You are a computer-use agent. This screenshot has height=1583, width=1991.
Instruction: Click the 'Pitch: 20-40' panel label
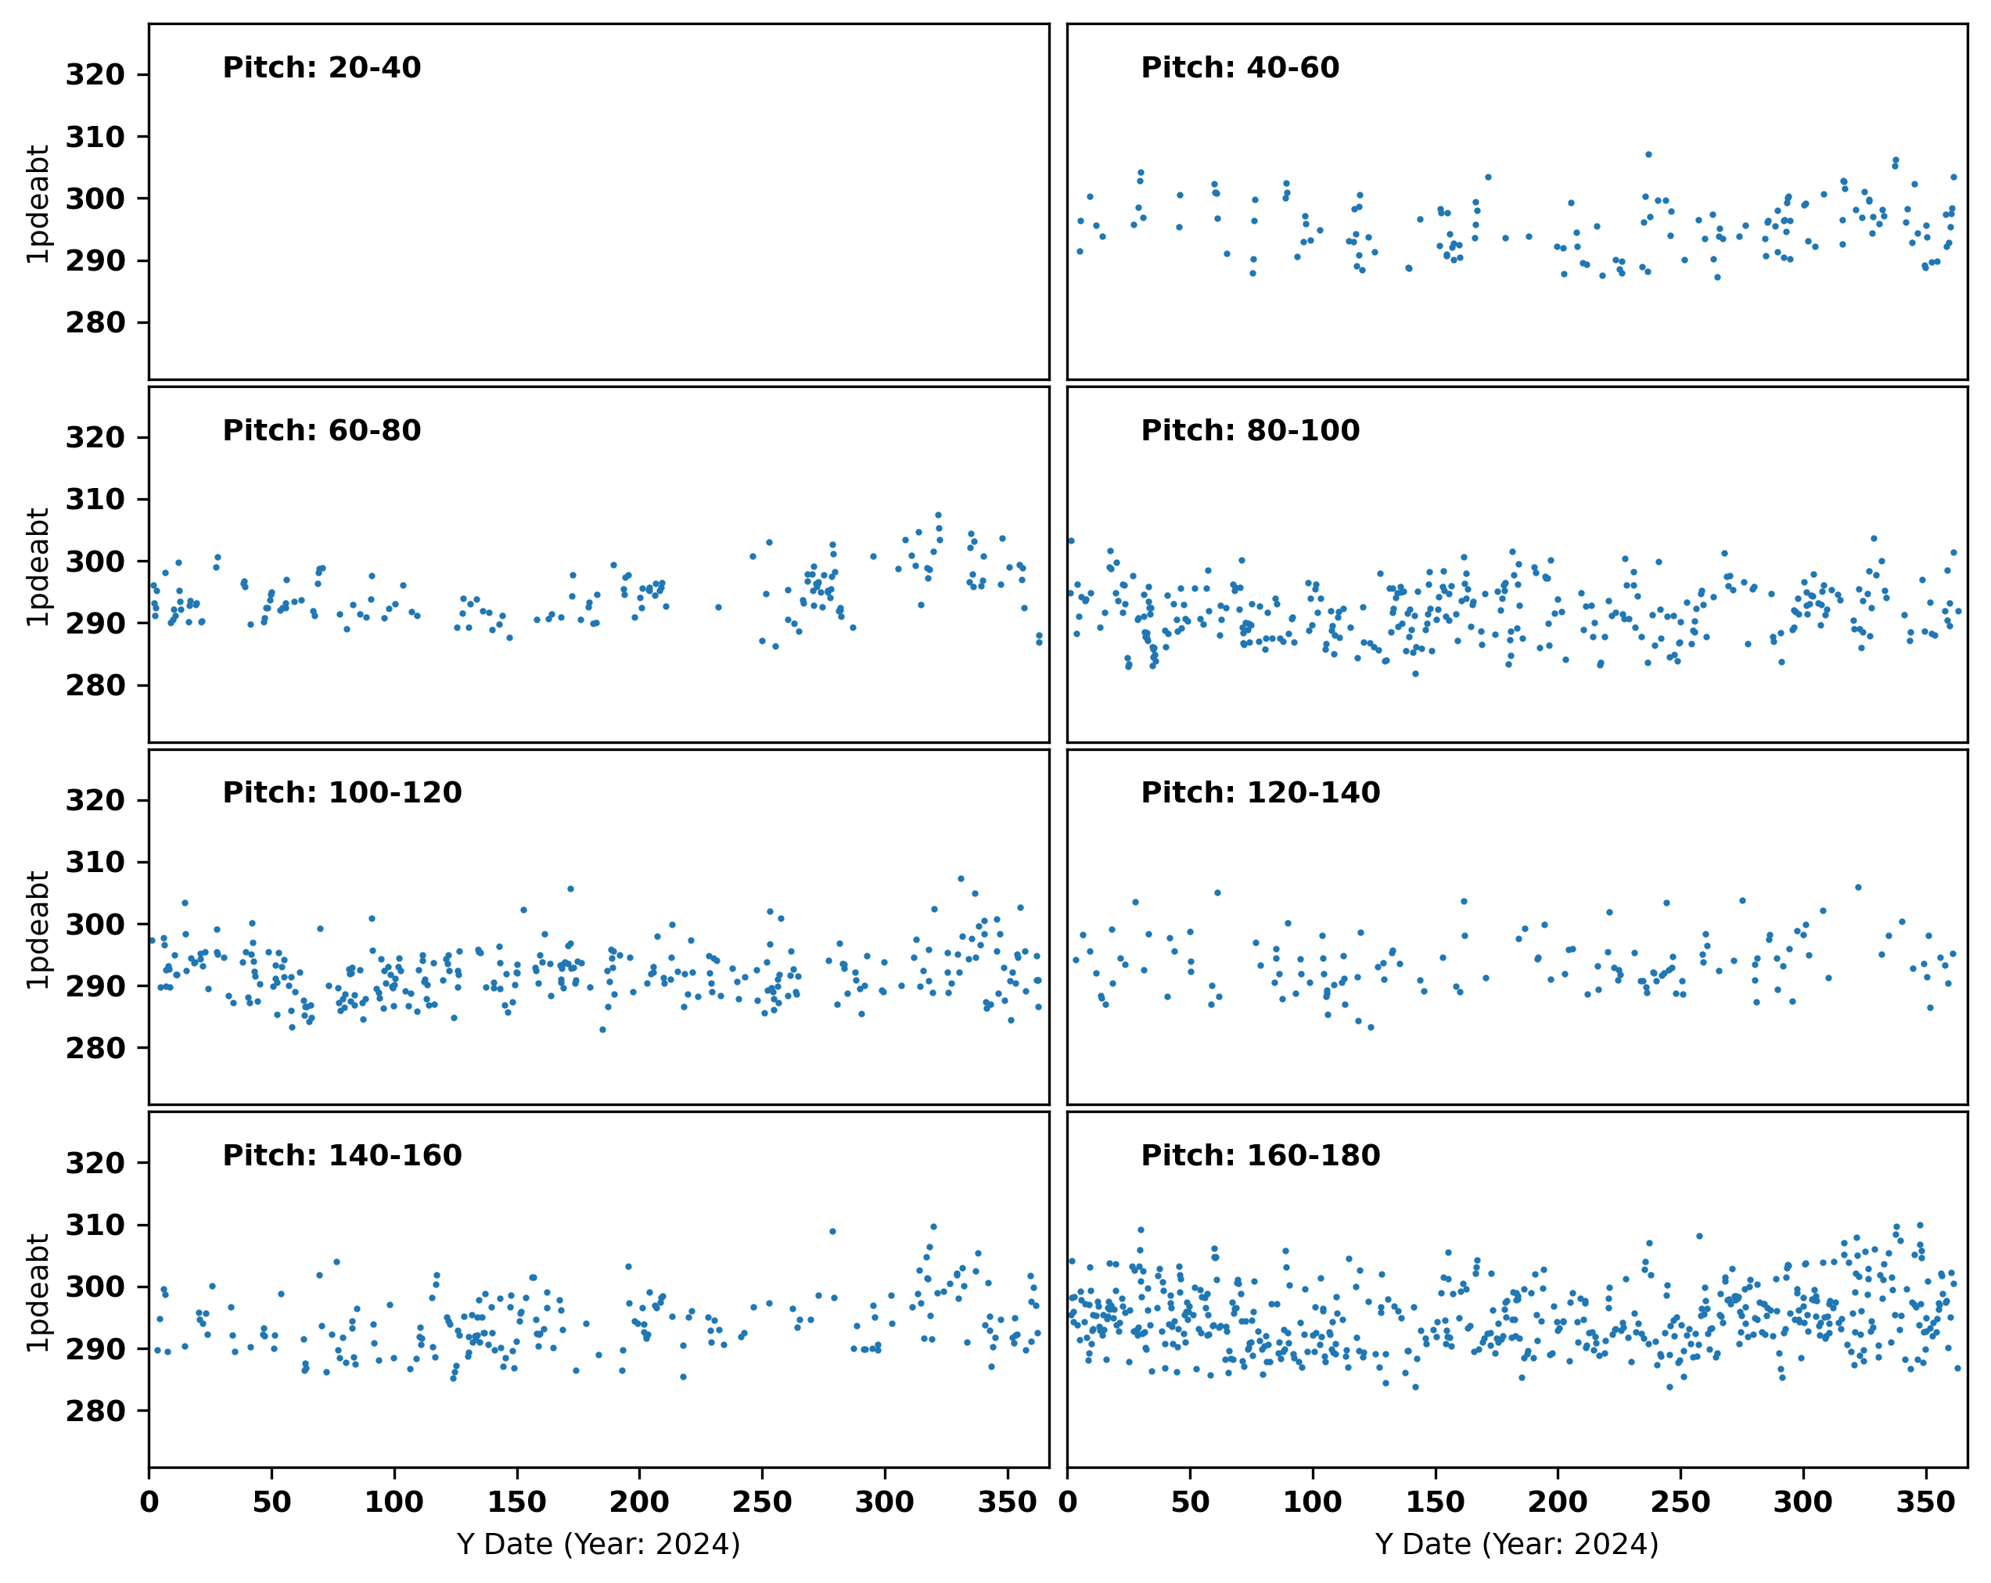[322, 68]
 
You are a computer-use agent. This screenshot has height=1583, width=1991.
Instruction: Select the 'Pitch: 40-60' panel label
[1239, 68]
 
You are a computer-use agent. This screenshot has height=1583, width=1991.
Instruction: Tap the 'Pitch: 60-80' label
[322, 431]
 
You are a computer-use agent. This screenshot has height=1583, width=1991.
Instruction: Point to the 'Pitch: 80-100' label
[1249, 431]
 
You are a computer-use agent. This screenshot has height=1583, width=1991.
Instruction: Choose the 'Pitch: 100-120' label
[342, 793]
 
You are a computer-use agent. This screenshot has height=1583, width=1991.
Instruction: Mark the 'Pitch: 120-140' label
[1260, 793]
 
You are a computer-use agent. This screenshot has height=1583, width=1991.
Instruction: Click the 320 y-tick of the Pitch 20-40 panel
[95, 75]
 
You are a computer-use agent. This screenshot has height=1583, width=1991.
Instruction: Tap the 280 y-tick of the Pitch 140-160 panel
[95, 1411]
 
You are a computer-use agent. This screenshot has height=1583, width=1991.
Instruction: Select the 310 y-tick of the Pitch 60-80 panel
[95, 499]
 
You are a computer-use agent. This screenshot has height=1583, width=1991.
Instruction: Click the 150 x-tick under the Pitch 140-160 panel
[517, 1502]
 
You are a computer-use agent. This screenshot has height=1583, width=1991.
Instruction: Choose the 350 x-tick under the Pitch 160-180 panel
[1925, 1502]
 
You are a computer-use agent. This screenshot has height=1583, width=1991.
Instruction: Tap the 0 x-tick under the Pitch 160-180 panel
[1068, 1502]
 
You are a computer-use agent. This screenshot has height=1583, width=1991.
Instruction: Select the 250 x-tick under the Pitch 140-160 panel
[762, 1502]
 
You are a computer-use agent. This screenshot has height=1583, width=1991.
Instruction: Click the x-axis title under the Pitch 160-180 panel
[1517, 1544]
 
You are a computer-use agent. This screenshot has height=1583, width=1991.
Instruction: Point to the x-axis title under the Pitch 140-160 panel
[598, 1544]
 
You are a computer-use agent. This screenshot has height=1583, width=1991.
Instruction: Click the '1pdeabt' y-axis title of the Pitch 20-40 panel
[38, 204]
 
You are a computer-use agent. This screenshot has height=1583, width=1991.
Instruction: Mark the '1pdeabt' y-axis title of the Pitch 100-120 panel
[38, 929]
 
